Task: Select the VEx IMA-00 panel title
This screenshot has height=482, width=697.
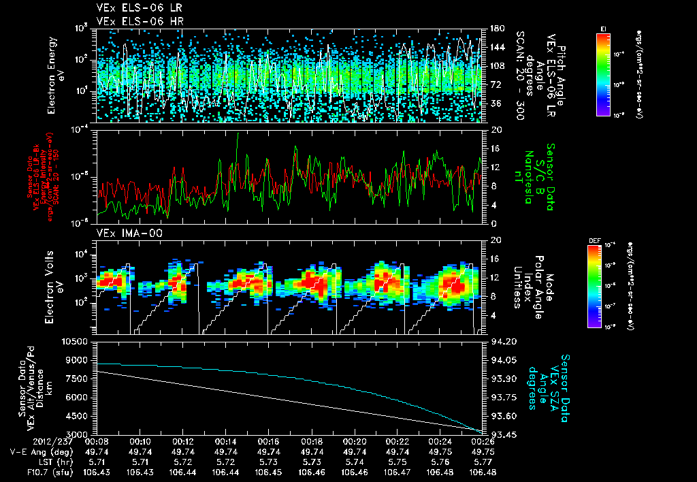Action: pos(124,233)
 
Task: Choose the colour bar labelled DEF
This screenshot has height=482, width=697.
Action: pos(594,286)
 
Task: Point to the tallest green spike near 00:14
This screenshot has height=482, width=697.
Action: pos(238,135)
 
